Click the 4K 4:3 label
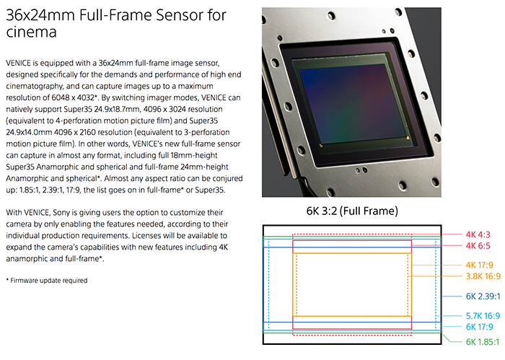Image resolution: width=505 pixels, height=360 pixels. click(478, 234)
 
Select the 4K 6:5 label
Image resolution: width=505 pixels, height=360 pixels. click(478, 246)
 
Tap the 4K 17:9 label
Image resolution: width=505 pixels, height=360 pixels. click(479, 265)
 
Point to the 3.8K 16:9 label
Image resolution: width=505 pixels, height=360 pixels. click(483, 276)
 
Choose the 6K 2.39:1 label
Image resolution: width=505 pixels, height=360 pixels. click(483, 297)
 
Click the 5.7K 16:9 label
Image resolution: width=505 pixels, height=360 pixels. click(483, 316)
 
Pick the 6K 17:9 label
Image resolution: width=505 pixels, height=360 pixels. click(479, 327)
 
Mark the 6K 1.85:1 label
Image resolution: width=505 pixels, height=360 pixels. click(483, 342)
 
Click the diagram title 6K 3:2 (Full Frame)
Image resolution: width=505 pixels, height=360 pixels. click(352, 211)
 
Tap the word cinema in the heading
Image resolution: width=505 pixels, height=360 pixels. click(31, 32)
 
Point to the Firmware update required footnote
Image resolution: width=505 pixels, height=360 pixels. click(47, 281)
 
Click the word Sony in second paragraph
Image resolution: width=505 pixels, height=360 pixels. click(61, 213)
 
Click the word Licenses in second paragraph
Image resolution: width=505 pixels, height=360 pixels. click(146, 236)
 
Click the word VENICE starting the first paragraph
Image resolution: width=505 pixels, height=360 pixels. click(18, 63)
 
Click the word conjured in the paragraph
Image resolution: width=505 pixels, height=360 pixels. click(229, 179)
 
